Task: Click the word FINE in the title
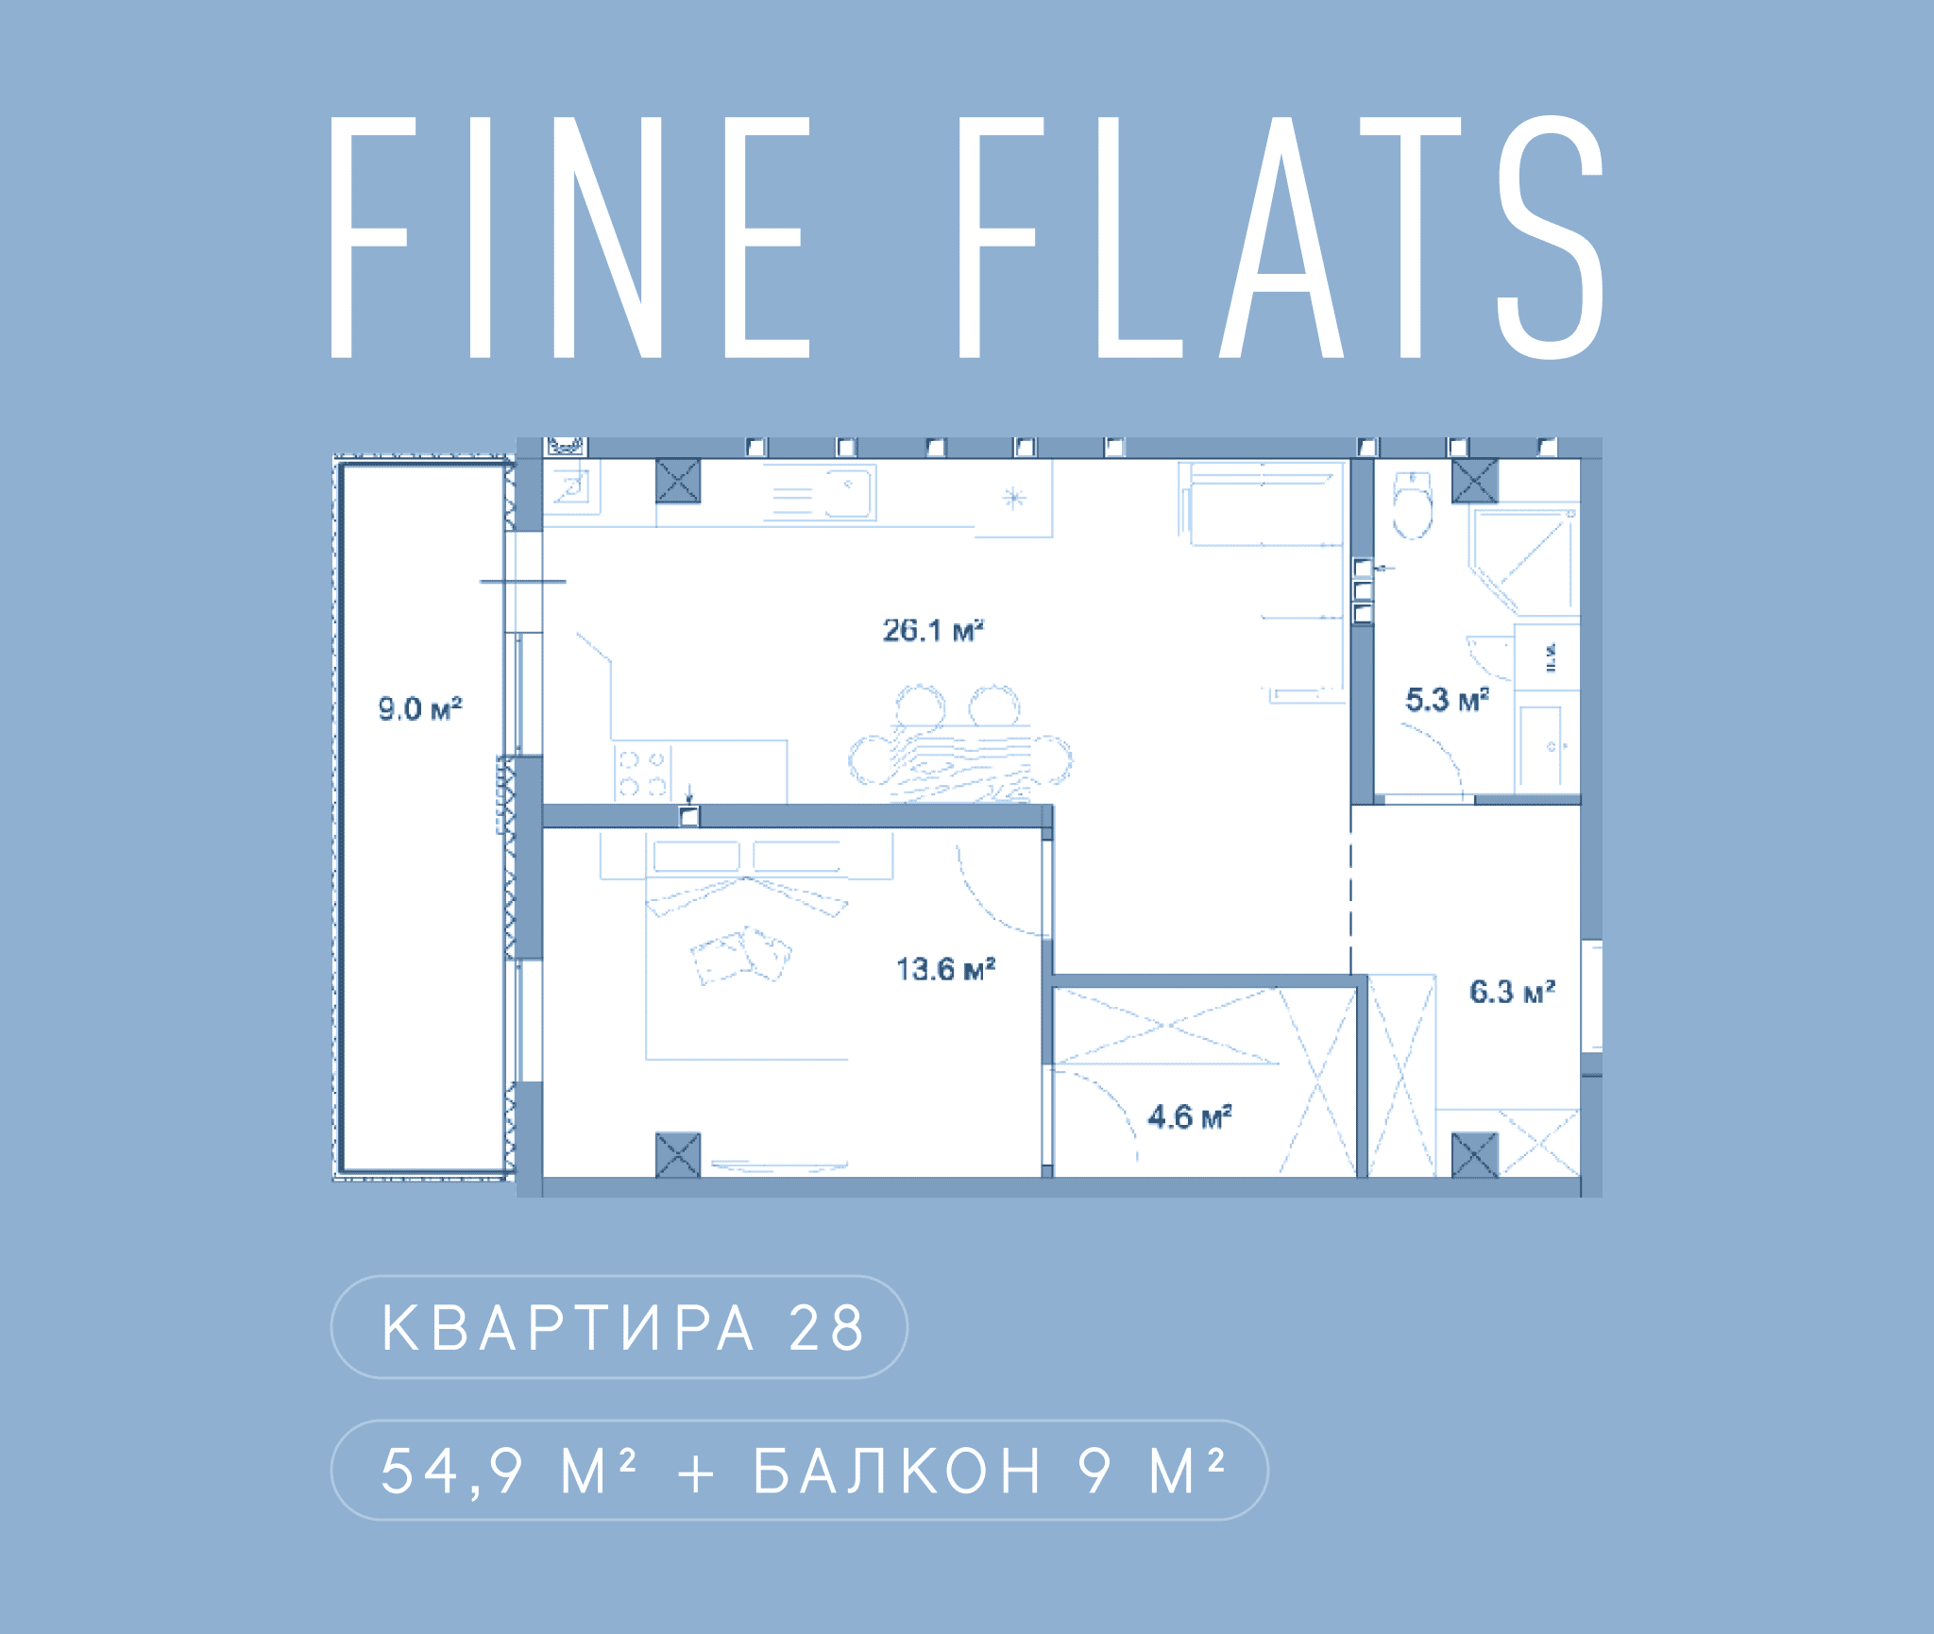tap(570, 238)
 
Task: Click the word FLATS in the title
tap(1281, 238)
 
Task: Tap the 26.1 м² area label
tap(933, 630)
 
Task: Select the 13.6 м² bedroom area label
tap(945, 969)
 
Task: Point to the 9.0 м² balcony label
tap(420, 708)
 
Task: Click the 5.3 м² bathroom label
tap(1447, 700)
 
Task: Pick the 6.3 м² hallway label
tap(1512, 992)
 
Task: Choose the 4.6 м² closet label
tap(1190, 1117)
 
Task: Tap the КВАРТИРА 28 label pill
tap(619, 1327)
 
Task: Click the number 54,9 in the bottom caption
tap(451, 1471)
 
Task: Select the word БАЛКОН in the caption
tap(897, 1471)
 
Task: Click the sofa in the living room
tap(1262, 503)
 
